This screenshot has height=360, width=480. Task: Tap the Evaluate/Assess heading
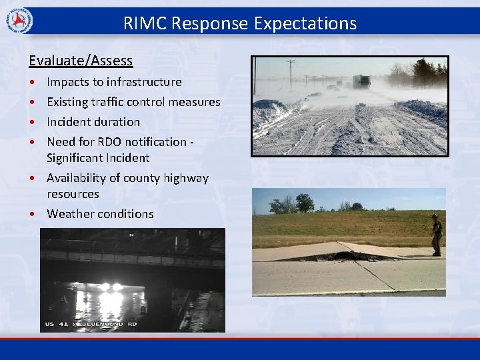pyautogui.click(x=81, y=61)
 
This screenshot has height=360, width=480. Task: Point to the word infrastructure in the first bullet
pyautogui.click(x=145, y=82)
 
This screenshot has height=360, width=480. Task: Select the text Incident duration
pyautogui.click(x=93, y=122)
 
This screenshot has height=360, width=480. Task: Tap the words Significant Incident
pyautogui.click(x=97, y=158)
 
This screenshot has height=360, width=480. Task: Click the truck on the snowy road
pyautogui.click(x=361, y=81)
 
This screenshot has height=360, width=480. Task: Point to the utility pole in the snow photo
pyautogui.click(x=291, y=73)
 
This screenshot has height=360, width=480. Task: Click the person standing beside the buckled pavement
pyautogui.click(x=436, y=235)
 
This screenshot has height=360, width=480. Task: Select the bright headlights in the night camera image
pyautogui.click(x=111, y=287)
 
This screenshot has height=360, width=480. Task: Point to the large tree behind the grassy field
pyautogui.click(x=305, y=203)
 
